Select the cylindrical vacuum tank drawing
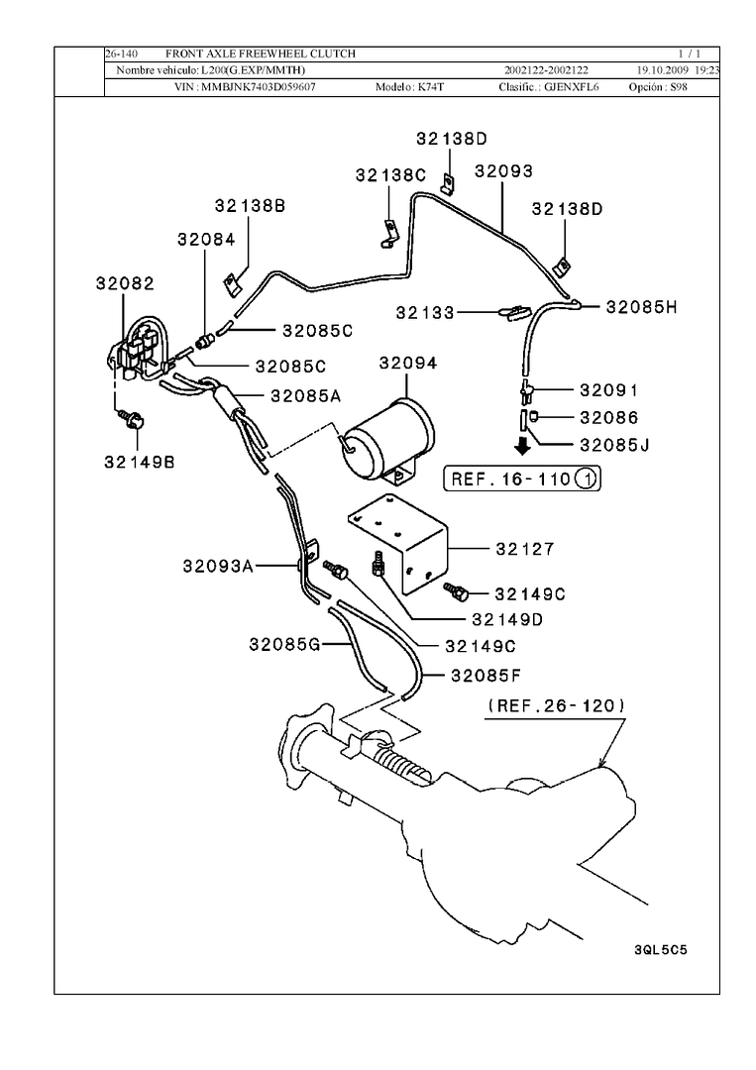click(x=389, y=439)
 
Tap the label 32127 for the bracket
click(x=525, y=549)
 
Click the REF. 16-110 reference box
click(x=522, y=480)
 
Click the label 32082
click(x=125, y=282)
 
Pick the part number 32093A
click(x=219, y=567)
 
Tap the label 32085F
click(x=486, y=677)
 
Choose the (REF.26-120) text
click(x=556, y=706)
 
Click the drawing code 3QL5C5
click(x=660, y=948)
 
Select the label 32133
click(x=425, y=312)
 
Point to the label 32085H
click(x=641, y=307)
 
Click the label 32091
click(x=608, y=390)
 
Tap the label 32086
click(x=608, y=417)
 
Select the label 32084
click(x=206, y=239)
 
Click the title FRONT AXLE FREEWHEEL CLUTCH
click(x=260, y=53)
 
